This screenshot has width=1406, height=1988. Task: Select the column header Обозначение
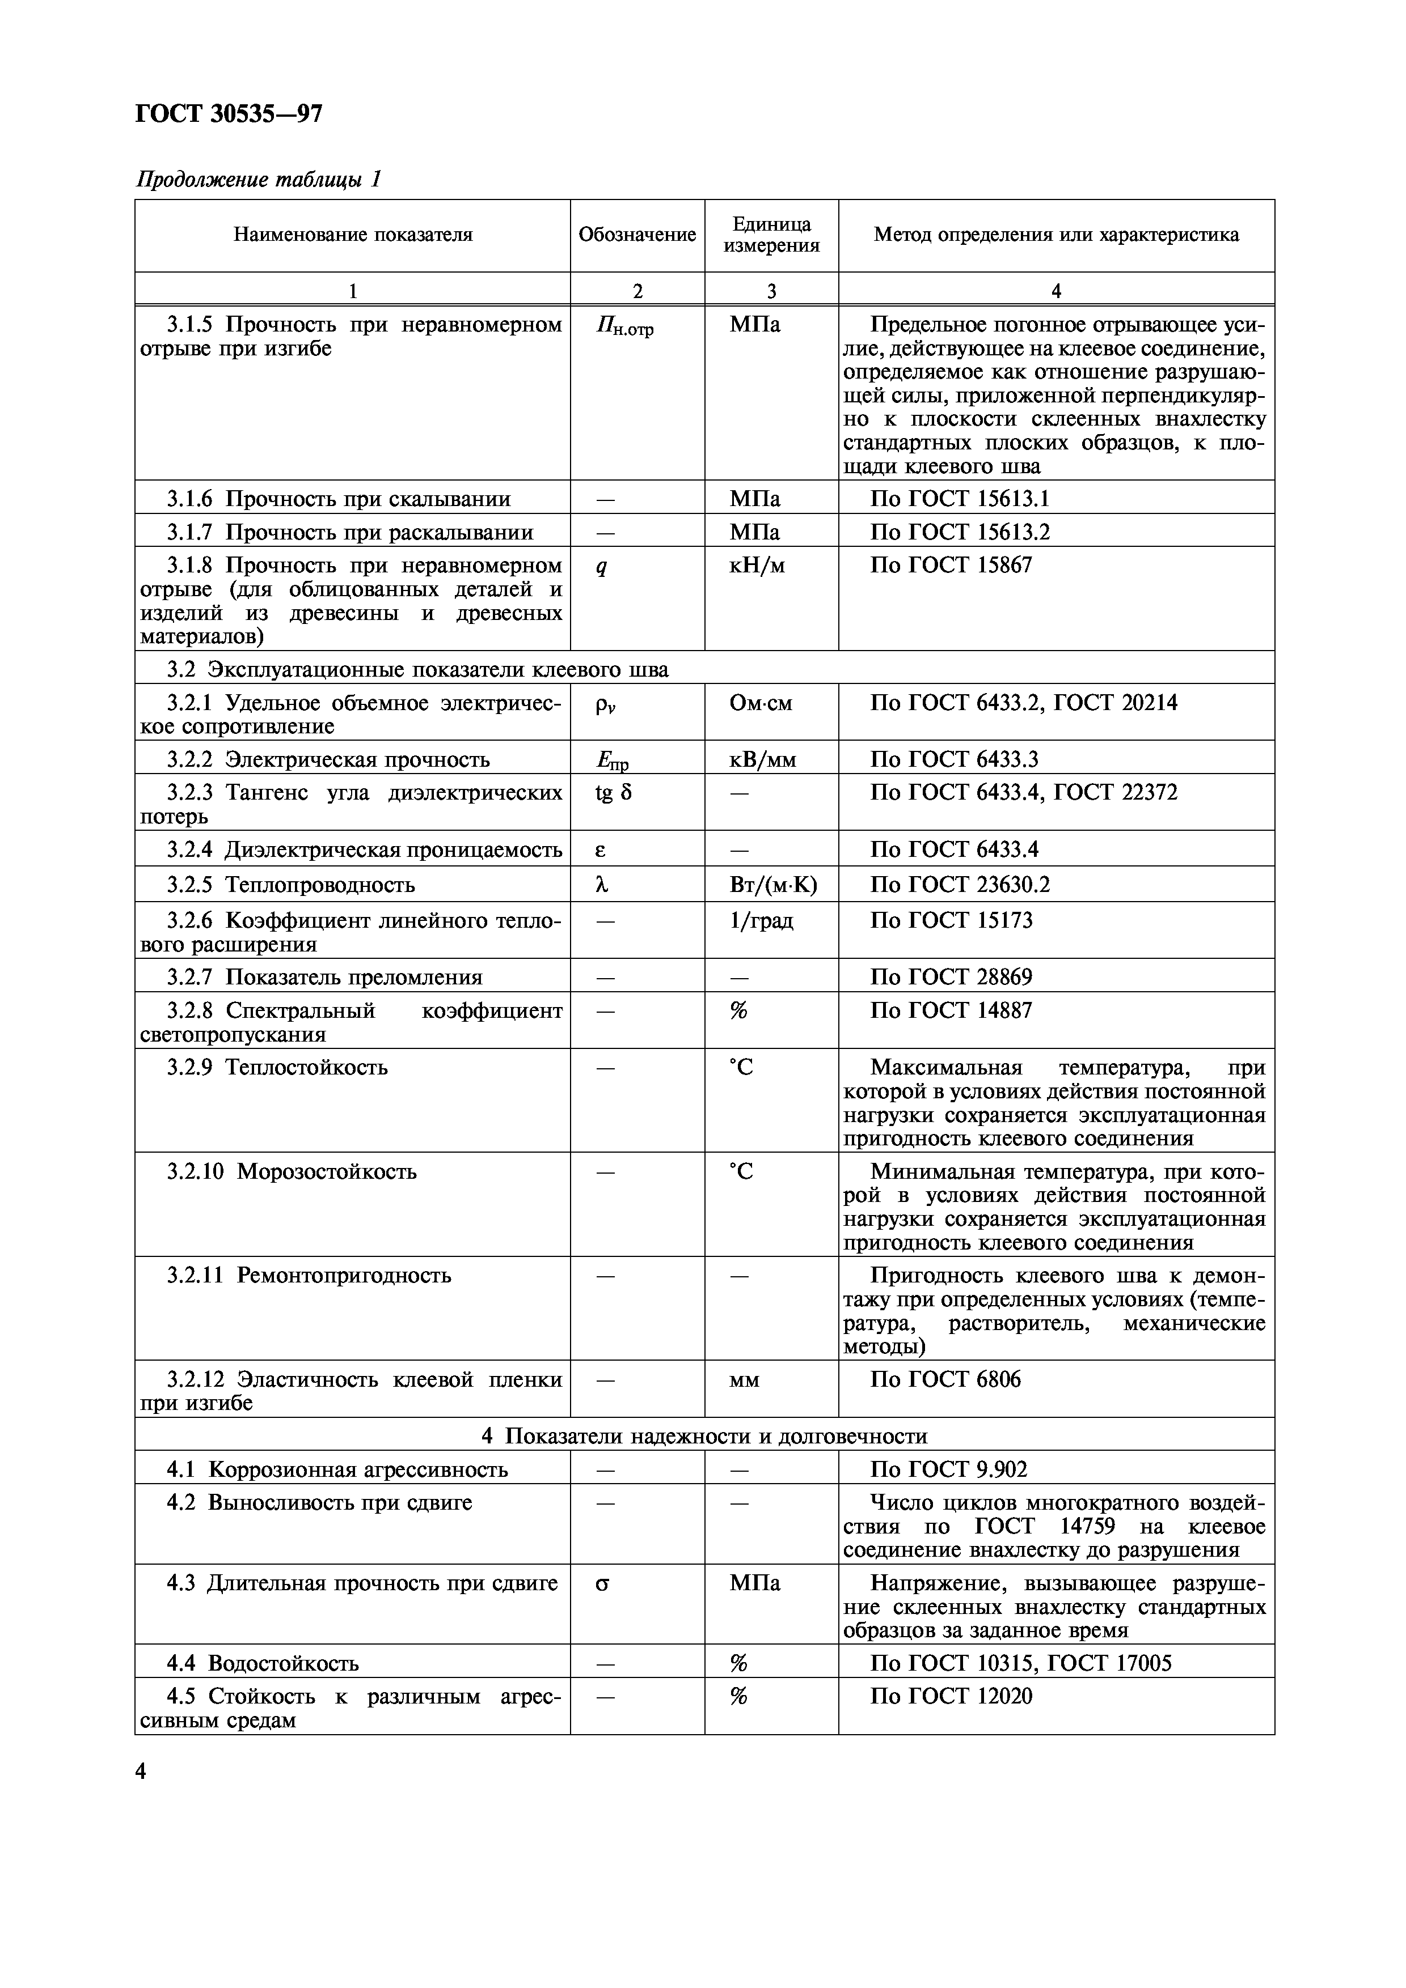point(637,235)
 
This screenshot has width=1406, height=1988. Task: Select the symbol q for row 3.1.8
point(601,567)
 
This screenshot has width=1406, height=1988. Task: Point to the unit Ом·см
point(761,703)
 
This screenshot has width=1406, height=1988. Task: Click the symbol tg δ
point(613,792)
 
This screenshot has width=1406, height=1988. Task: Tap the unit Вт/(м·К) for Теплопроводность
point(772,885)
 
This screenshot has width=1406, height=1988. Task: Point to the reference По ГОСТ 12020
point(951,1696)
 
